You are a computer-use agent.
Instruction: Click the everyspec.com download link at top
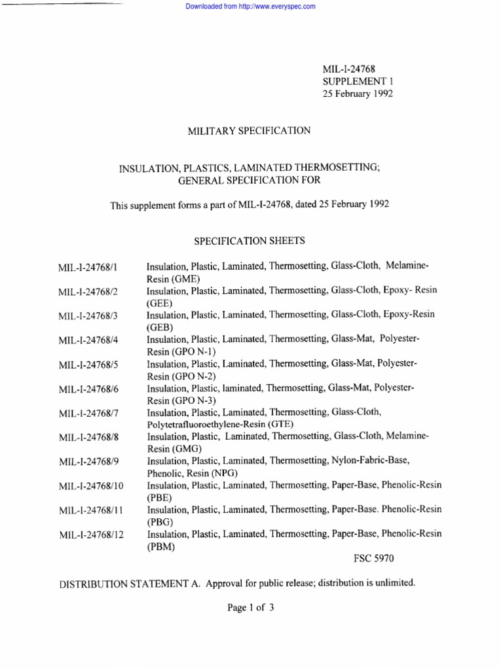click(x=251, y=7)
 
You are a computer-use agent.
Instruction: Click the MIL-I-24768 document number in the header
click(x=349, y=69)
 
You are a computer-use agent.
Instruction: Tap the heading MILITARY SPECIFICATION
click(x=249, y=131)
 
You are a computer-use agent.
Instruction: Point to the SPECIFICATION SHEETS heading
click(x=250, y=241)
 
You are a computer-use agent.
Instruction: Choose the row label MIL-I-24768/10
click(x=90, y=486)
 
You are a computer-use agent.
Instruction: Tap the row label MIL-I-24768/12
click(x=90, y=535)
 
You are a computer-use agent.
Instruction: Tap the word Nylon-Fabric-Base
click(x=370, y=461)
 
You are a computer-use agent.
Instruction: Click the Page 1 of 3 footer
click(x=250, y=607)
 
